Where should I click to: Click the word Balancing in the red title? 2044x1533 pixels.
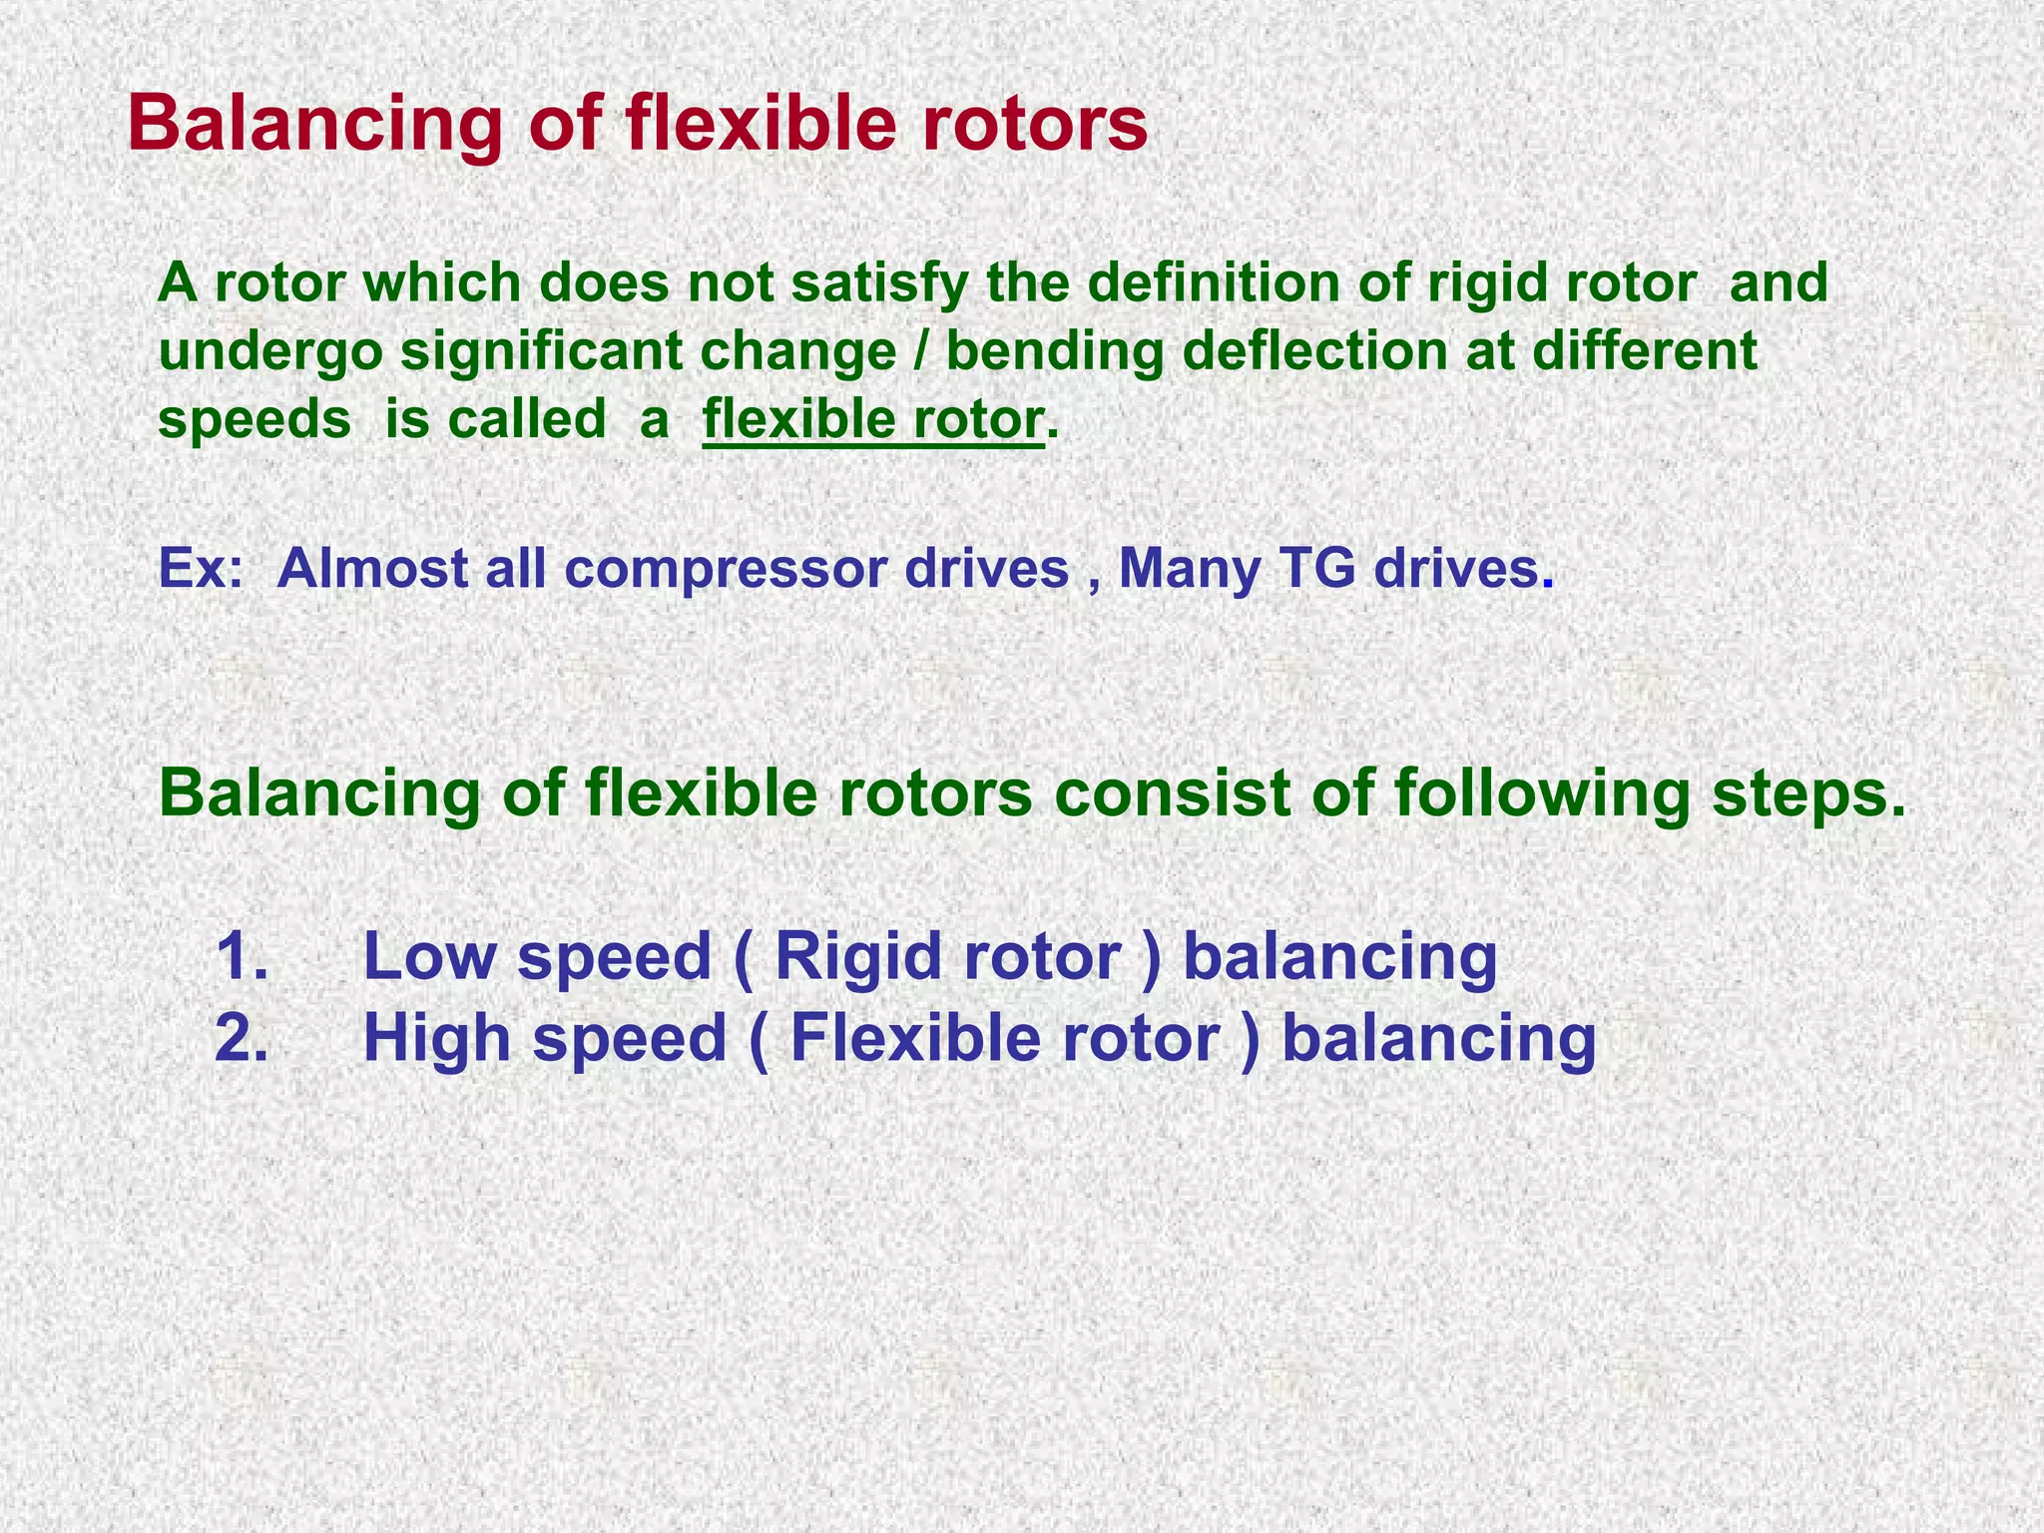[x=314, y=124]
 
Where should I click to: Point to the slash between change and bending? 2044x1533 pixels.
[x=921, y=351]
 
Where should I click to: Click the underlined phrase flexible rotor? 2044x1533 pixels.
[x=873, y=419]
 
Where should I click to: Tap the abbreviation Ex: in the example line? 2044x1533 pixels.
[x=201, y=569]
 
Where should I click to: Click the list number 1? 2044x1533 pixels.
[x=241, y=956]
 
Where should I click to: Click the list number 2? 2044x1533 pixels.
[x=241, y=1038]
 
